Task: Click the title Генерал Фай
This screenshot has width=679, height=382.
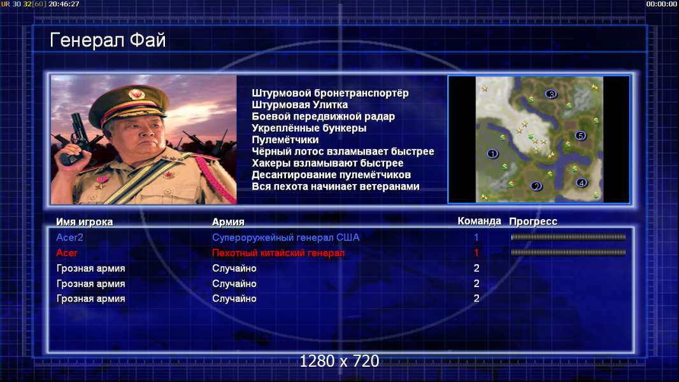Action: coord(108,40)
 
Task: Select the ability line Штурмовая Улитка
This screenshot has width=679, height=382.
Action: coord(299,104)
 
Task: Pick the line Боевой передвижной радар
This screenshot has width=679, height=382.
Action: coord(323,117)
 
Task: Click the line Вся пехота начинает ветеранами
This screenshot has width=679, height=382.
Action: coord(336,187)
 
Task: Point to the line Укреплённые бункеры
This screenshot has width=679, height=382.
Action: coord(309,128)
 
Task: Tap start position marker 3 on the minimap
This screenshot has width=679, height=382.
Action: coord(551,94)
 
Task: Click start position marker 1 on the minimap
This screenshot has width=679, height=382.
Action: coord(492,153)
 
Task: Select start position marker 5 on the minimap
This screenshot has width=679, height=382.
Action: coord(580,136)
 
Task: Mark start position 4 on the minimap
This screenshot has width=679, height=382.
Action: coord(582,183)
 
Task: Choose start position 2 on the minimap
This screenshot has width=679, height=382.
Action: coord(536,187)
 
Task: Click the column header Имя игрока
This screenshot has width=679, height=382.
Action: coord(85,222)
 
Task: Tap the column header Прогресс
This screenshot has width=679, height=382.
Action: coord(533,222)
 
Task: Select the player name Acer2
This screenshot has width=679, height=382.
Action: coord(69,237)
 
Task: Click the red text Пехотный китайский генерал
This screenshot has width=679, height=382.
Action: coord(278,253)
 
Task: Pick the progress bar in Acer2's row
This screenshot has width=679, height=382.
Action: coord(568,237)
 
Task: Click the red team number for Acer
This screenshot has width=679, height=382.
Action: coord(476,253)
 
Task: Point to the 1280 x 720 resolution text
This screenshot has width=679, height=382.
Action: coord(339,361)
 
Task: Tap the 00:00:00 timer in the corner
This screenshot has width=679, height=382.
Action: coord(661,4)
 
